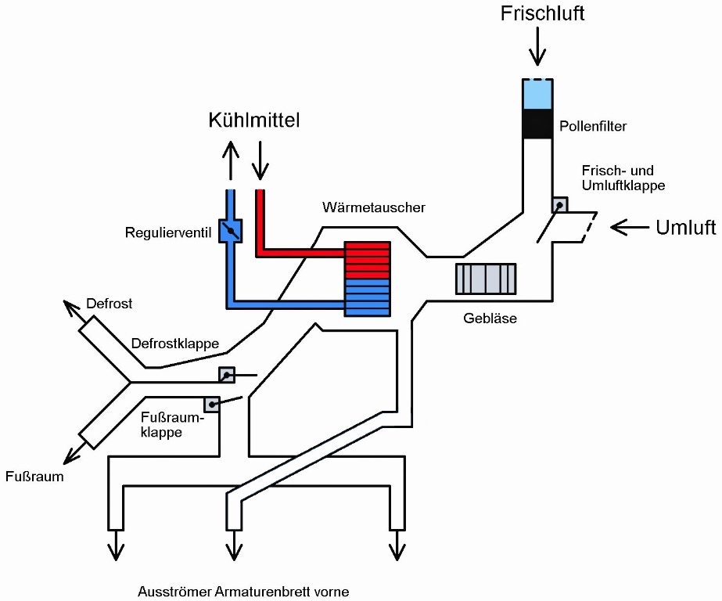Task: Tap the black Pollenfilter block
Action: [537, 124]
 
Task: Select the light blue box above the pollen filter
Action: [537, 94]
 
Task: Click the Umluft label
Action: [686, 228]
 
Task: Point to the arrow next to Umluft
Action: [630, 228]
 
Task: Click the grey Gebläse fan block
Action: [486, 279]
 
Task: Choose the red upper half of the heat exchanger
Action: [368, 260]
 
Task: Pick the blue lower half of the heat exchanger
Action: [368, 297]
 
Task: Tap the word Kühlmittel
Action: [254, 121]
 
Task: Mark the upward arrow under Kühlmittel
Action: [231, 161]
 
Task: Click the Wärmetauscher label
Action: [374, 208]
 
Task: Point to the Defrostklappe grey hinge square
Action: [226, 375]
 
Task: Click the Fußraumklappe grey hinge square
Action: [212, 404]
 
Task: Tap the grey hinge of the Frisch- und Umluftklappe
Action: [559, 205]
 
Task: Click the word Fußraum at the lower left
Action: [34, 476]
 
